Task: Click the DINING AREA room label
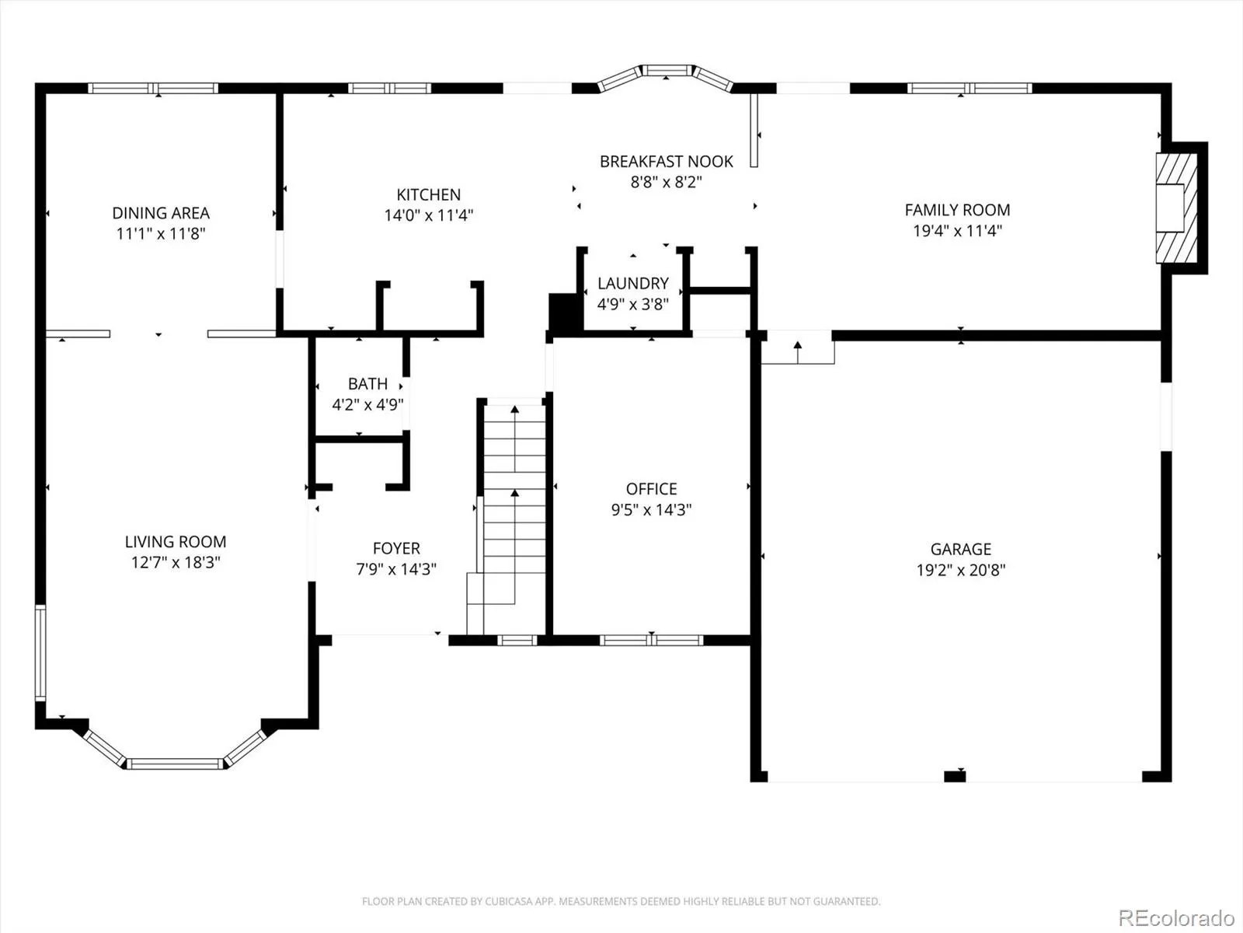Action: (x=161, y=213)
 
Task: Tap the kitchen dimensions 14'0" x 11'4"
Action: (x=429, y=215)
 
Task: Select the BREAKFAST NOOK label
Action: (x=667, y=162)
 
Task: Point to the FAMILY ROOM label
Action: (x=957, y=210)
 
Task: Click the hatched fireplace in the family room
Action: (x=1177, y=208)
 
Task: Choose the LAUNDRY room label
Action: (x=633, y=283)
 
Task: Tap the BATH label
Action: (x=367, y=384)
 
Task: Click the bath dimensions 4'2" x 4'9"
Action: (x=367, y=404)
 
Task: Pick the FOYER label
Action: (x=396, y=548)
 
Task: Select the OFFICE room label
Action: (x=651, y=489)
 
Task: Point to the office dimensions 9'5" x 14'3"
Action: (x=651, y=510)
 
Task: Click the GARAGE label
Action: (x=961, y=549)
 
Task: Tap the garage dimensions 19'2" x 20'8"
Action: (x=961, y=570)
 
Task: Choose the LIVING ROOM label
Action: (x=176, y=542)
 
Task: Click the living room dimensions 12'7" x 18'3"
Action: (x=176, y=562)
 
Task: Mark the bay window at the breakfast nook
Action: (x=666, y=75)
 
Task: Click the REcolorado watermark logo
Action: (x=1177, y=917)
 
